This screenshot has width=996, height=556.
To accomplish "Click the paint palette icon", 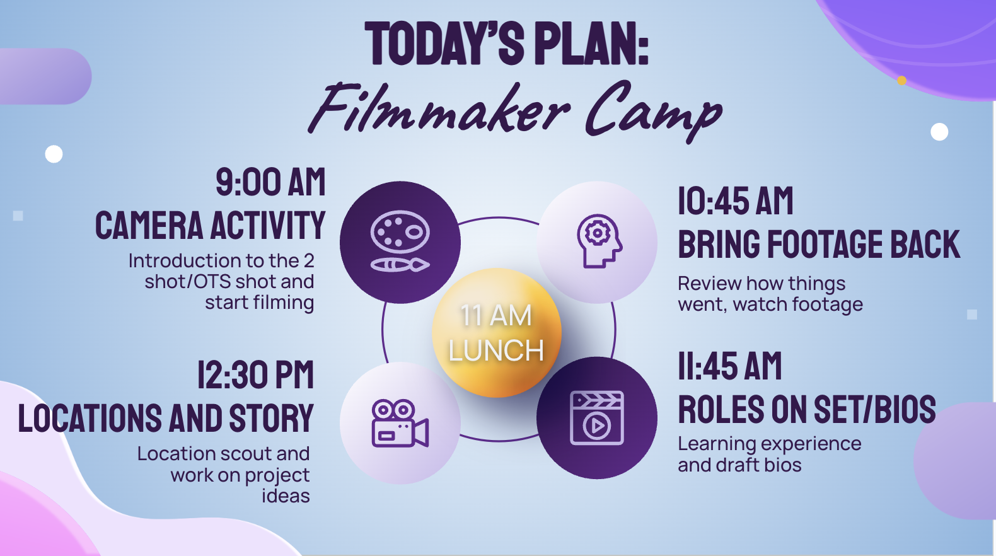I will click(400, 242).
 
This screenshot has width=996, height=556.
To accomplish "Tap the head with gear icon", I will click(598, 241).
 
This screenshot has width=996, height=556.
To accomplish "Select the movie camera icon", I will click(400, 423).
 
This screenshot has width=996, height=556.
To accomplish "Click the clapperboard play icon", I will click(597, 418).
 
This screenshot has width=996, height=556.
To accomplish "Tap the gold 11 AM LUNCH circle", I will click(496, 333).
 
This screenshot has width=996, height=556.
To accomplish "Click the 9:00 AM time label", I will click(270, 182).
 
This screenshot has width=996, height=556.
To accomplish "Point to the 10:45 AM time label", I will click(735, 202).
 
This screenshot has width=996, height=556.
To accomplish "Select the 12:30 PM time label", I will click(255, 375).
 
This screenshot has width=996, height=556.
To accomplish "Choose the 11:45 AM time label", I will click(729, 366).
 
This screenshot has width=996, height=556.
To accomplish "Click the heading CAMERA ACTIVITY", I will click(210, 226).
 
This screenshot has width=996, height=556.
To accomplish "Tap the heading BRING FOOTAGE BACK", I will click(818, 245).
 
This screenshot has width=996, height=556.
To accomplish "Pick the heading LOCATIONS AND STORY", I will click(166, 419).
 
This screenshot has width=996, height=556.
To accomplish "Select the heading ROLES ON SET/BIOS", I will click(806, 410).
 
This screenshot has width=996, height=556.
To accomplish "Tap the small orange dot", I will click(901, 81).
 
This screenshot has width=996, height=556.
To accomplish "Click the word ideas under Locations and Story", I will click(286, 496).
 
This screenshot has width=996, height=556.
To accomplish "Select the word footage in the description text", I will click(827, 304).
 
